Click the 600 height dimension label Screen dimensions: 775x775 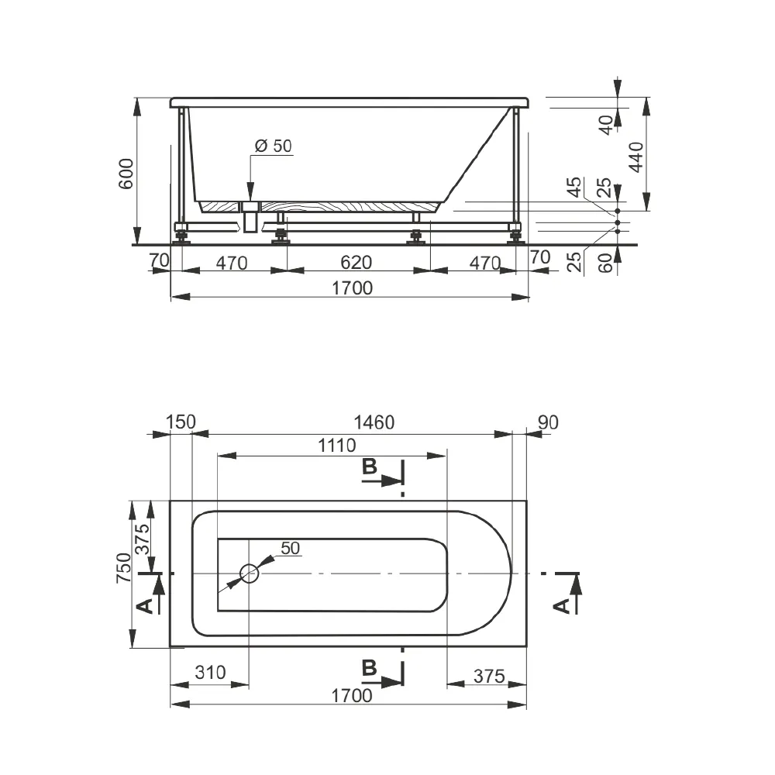click(126, 174)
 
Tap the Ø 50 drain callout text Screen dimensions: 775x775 click(274, 146)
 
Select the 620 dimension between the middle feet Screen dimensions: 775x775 click(356, 262)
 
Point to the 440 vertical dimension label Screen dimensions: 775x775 click(636, 157)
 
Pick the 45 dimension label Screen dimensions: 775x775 click(574, 188)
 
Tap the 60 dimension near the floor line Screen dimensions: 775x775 click(605, 263)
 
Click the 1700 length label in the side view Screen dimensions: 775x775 click(352, 288)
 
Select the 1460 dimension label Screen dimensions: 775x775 click(374, 422)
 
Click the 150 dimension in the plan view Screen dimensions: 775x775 click(181, 422)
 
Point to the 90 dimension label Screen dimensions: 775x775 click(548, 422)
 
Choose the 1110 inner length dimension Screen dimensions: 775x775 click(336, 446)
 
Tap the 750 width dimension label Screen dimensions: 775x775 click(123, 567)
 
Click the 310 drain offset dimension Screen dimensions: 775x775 click(210, 672)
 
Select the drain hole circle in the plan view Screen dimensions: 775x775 click(249, 573)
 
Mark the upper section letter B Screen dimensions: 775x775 click(370, 466)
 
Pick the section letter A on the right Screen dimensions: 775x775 click(562, 606)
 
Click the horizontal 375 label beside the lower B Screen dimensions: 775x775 click(489, 676)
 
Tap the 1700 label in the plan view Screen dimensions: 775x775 click(351, 695)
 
